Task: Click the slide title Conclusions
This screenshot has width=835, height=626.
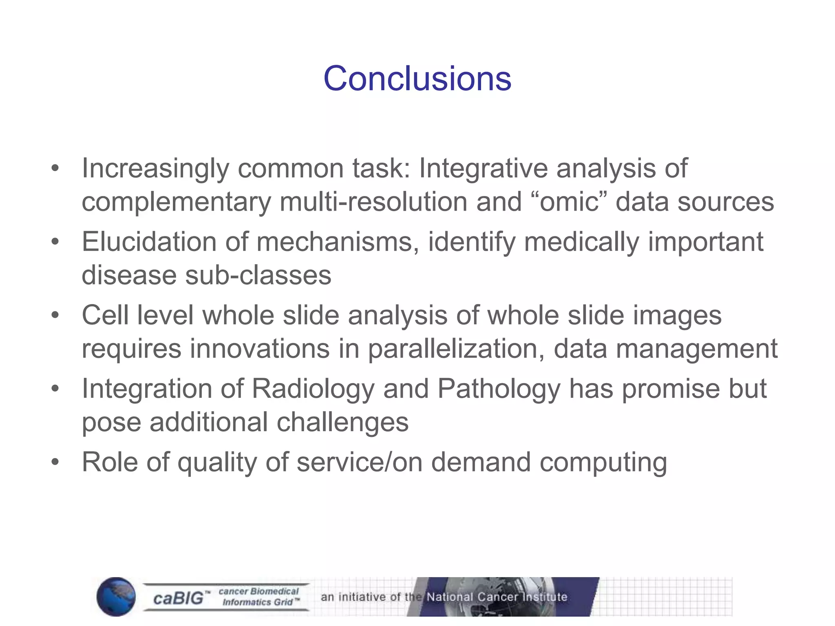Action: (x=417, y=78)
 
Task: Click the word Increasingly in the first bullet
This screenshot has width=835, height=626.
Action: (x=155, y=168)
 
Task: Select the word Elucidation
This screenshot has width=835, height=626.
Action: (x=149, y=242)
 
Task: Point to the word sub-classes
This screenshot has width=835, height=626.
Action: (x=258, y=275)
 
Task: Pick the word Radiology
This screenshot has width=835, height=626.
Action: (x=313, y=388)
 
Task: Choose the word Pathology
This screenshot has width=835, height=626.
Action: (x=499, y=388)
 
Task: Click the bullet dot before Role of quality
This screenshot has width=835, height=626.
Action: (x=55, y=462)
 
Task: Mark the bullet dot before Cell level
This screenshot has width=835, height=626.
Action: (x=55, y=315)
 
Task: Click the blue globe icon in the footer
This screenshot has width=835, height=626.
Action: (x=116, y=597)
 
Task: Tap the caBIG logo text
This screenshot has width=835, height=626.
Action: (x=178, y=598)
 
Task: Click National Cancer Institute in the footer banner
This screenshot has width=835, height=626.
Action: (x=497, y=597)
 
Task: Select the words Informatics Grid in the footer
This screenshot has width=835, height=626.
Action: (x=258, y=602)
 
